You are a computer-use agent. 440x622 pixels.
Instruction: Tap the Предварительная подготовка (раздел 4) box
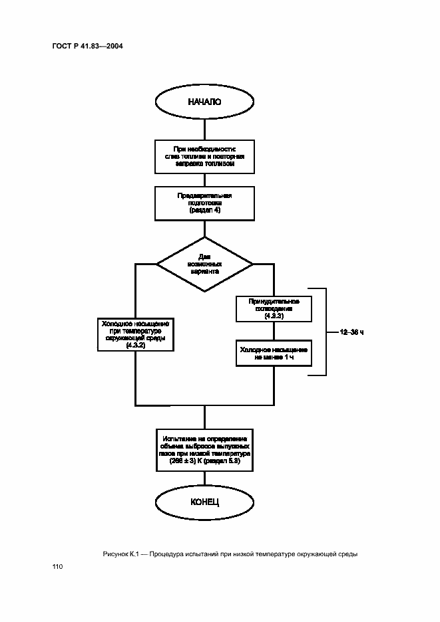[204, 203]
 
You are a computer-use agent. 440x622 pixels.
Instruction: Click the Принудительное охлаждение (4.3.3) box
[274, 309]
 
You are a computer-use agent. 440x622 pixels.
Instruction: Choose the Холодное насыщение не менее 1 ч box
[274, 353]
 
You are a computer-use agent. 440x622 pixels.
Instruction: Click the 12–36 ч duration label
[352, 332]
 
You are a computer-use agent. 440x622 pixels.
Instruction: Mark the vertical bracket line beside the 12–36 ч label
[326, 332]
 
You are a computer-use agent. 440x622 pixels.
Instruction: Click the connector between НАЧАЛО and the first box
[204, 128]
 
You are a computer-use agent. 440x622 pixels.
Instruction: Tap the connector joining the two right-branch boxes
[274, 331]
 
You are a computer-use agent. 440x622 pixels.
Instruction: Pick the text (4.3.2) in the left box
[135, 346]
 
